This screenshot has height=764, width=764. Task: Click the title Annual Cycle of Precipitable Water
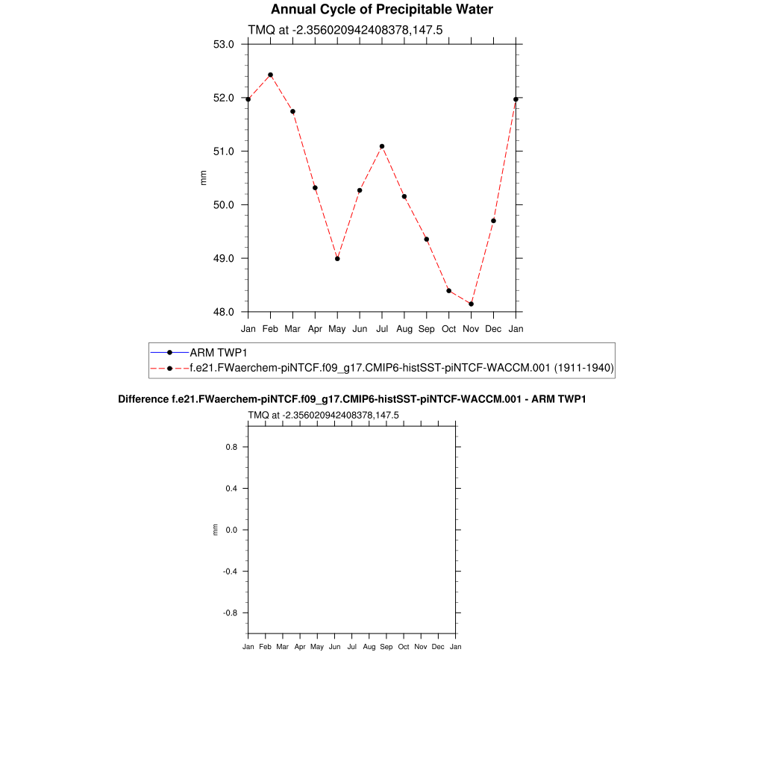coord(381,10)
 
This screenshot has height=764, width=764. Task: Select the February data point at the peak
coord(270,75)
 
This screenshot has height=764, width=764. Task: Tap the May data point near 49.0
coord(337,259)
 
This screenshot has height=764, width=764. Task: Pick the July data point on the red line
coord(382,146)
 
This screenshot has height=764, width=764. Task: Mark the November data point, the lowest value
coord(471,304)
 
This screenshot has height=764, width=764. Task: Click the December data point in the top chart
coord(493,221)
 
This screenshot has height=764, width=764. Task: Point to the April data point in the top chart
coord(315,188)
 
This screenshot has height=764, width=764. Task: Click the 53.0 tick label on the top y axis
coord(224,44)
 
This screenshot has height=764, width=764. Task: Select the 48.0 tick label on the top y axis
coord(224,312)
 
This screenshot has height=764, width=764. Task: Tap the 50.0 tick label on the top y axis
coord(224,205)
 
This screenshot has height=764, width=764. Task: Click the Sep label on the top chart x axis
coord(426,328)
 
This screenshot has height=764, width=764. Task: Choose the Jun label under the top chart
coord(360,328)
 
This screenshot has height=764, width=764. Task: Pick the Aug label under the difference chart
coord(369,647)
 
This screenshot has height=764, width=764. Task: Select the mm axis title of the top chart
coord(203,178)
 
